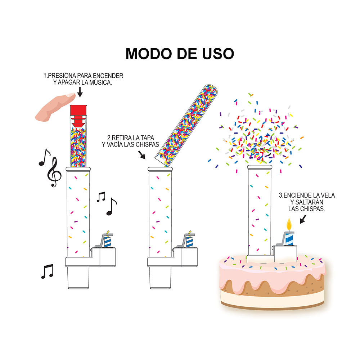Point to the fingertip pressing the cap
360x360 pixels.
pyautogui.click(x=71, y=95)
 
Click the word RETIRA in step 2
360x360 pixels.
pyautogui.click(x=124, y=138)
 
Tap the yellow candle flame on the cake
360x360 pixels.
pyautogui.click(x=289, y=224)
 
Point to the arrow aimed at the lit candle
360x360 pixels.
pyautogui.click(x=303, y=219)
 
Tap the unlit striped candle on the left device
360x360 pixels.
pyautogui.click(x=108, y=240)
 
